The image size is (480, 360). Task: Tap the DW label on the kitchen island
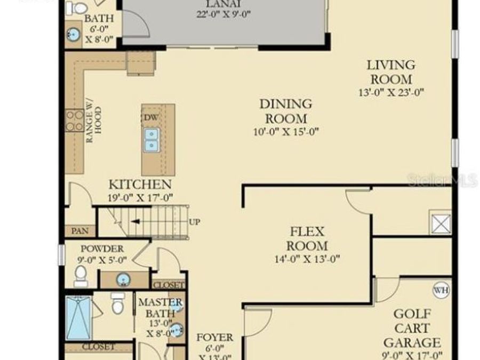point(150,117)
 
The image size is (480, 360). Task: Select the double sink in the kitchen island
point(151,139)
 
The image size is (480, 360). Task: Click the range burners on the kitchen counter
point(74,120)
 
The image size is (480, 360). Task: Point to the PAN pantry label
point(80,231)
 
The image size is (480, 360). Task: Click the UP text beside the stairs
point(195,222)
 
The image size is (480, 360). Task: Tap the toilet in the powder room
point(81,274)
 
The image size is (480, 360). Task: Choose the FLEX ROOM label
point(307,238)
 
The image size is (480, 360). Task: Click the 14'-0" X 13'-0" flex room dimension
point(307,260)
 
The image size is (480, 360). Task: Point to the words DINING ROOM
point(286,111)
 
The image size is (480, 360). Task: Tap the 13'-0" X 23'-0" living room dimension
point(391,92)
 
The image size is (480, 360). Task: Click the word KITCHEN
point(140,185)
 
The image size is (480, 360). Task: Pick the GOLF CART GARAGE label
point(412,328)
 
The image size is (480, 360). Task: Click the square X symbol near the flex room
point(441,222)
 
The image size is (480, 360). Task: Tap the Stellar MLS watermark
point(442,180)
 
